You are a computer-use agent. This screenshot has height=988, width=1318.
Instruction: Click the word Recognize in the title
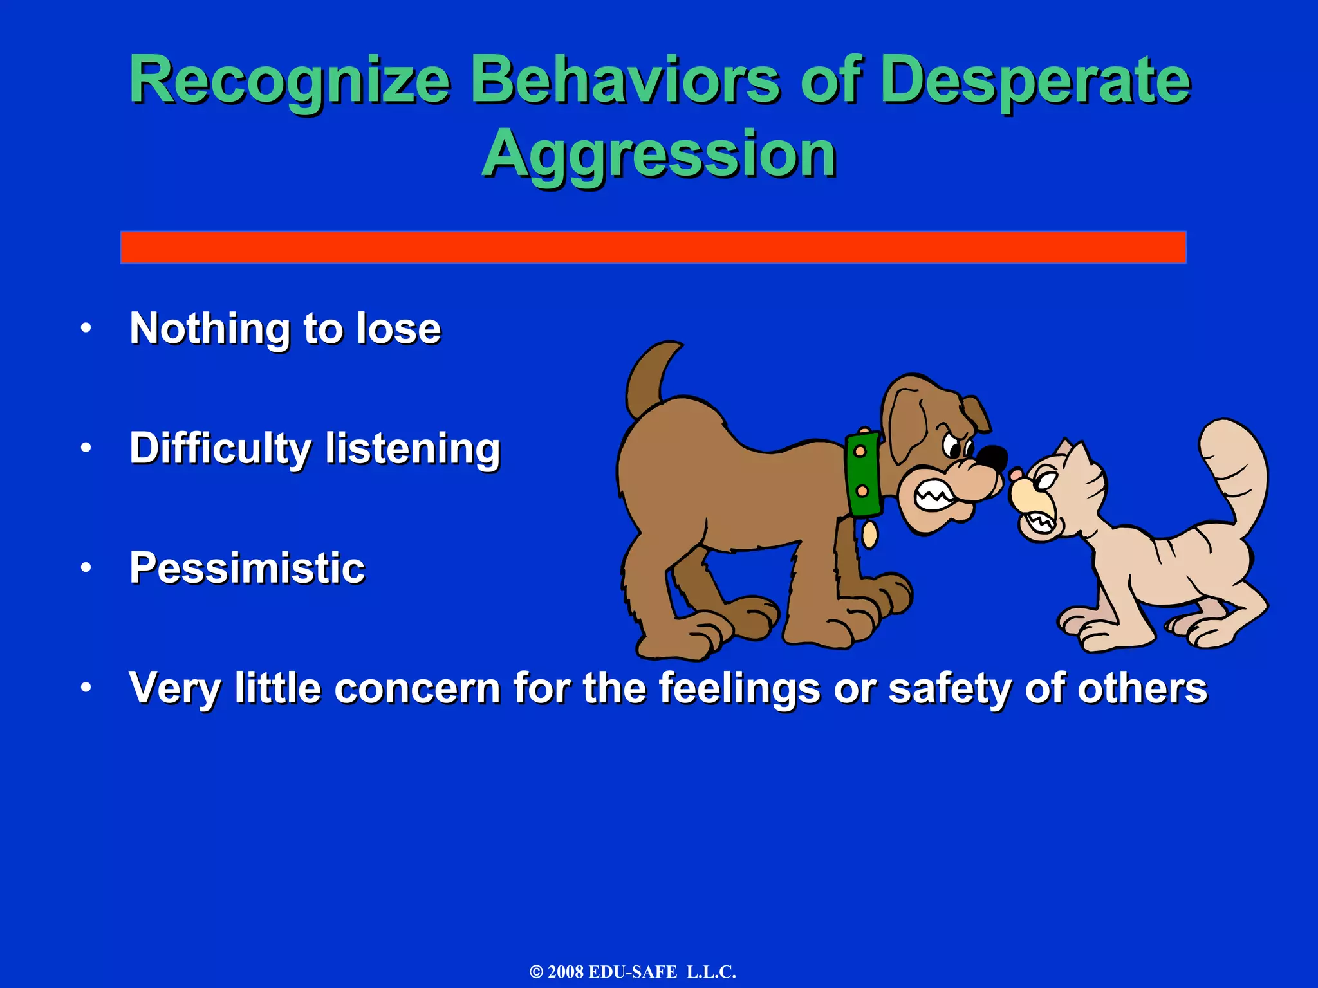tap(290, 80)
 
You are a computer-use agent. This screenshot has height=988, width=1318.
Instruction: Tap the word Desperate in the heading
tap(1035, 80)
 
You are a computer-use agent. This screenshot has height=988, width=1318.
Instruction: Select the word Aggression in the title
tap(659, 154)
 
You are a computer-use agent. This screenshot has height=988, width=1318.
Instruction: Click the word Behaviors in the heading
tap(624, 80)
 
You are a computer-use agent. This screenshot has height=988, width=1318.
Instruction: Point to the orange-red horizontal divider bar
tap(653, 247)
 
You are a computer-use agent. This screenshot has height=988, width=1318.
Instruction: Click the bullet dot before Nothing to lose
tap(86, 329)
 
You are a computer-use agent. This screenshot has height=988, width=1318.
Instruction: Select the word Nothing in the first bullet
tap(210, 329)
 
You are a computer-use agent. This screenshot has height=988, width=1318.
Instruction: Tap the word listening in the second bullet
tap(413, 448)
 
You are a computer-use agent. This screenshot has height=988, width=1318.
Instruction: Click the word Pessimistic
tap(247, 568)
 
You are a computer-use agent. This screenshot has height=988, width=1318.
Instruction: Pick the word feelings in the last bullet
tap(739, 688)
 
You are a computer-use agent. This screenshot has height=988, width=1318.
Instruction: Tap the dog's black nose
tap(992, 458)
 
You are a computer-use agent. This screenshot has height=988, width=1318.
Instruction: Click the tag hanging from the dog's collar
tap(869, 534)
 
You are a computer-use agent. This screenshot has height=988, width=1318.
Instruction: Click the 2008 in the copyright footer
tap(566, 972)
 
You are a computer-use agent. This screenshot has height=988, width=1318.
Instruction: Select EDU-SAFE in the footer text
tap(633, 972)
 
